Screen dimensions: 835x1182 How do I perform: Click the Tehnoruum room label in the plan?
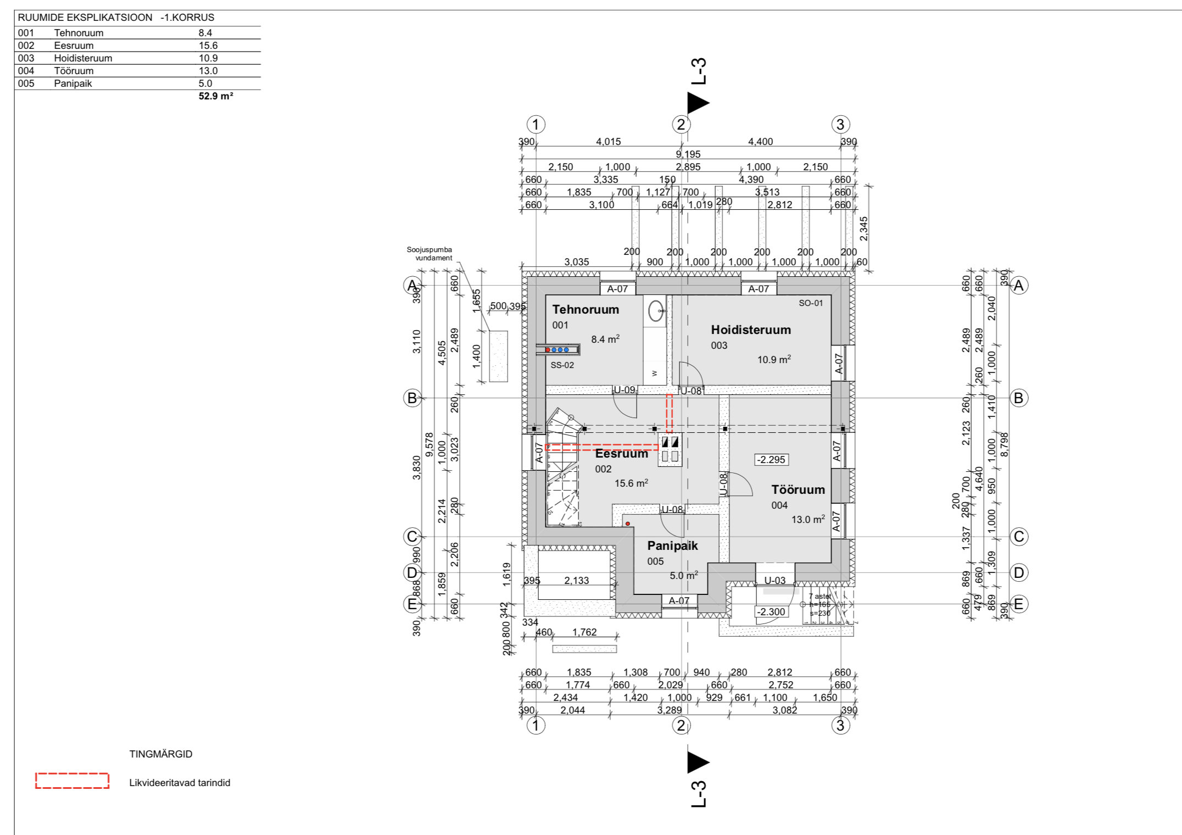click(586, 310)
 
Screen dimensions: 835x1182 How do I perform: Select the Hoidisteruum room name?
click(751, 330)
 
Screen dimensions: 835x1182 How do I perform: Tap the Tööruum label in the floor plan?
click(798, 490)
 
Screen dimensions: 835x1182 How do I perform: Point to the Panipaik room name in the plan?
click(672, 546)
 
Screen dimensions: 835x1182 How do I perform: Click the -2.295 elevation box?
click(772, 460)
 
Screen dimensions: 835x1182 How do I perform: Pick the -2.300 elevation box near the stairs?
click(771, 612)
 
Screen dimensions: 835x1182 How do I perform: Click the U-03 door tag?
click(774, 581)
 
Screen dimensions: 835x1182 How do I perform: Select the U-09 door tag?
click(625, 390)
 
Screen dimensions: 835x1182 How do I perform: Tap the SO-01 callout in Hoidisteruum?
click(811, 303)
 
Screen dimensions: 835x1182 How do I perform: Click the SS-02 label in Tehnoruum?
click(562, 365)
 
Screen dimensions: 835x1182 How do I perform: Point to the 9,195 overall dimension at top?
click(688, 154)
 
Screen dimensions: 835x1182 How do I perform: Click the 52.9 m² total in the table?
click(215, 96)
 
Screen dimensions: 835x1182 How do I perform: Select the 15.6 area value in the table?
click(208, 46)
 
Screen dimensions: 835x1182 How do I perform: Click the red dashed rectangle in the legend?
click(73, 781)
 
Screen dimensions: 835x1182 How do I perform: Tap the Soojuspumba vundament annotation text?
click(430, 254)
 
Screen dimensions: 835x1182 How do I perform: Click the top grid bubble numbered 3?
click(840, 125)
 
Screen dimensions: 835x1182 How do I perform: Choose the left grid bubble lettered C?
click(412, 536)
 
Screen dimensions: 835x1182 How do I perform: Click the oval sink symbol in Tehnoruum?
click(655, 311)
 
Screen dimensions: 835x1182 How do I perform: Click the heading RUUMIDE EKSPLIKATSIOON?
click(85, 18)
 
